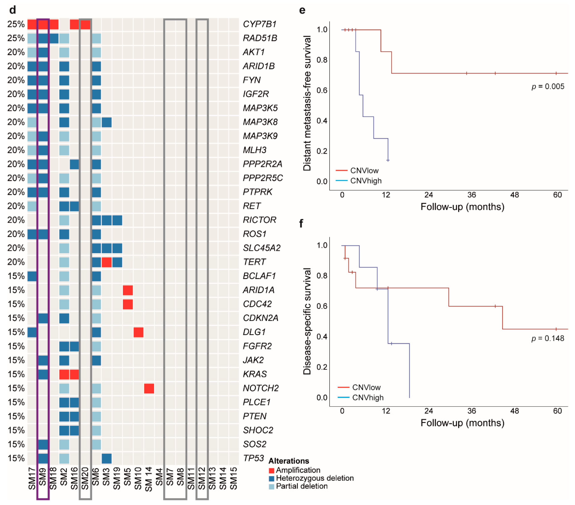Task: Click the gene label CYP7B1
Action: click(x=259, y=24)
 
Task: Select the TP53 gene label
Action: click(x=253, y=458)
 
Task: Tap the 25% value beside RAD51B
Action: click(x=16, y=38)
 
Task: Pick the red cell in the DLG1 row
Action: click(x=138, y=332)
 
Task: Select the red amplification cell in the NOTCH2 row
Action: click(x=149, y=388)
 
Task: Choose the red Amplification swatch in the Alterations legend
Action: click(x=272, y=470)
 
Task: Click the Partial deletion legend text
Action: click(x=302, y=486)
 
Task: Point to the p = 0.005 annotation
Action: click(x=548, y=86)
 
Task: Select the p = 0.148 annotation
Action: click(x=548, y=338)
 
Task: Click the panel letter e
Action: click(x=302, y=10)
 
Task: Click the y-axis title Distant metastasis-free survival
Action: click(x=307, y=103)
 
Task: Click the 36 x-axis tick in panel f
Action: click(x=471, y=411)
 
